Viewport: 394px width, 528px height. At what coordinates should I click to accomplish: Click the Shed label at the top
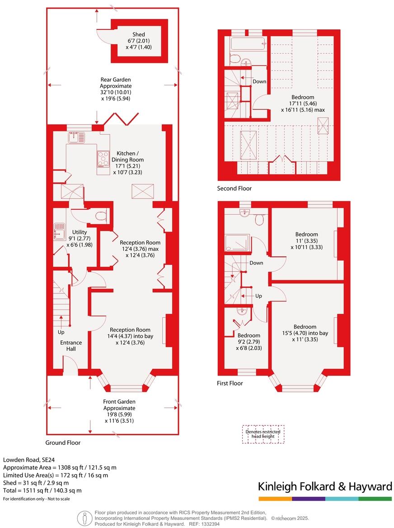pyautogui.click(x=139, y=34)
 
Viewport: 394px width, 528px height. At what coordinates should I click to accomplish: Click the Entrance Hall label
pyautogui.click(x=71, y=346)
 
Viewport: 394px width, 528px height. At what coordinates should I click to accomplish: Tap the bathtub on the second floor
pyautogui.click(x=244, y=44)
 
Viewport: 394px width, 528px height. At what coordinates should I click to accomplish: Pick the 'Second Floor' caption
pyautogui.click(x=234, y=189)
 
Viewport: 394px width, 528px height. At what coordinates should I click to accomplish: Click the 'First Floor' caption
pyautogui.click(x=230, y=383)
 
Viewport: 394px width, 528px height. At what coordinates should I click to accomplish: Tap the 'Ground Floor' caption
pyautogui.click(x=63, y=443)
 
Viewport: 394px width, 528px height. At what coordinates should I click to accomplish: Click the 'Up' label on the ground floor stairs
pyautogui.click(x=61, y=332)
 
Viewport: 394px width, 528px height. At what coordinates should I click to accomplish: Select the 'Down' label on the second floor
pyautogui.click(x=259, y=81)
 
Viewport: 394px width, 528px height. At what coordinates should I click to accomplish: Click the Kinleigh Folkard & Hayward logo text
pyautogui.click(x=325, y=486)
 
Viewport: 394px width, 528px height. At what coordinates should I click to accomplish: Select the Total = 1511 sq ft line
pyautogui.click(x=42, y=490)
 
